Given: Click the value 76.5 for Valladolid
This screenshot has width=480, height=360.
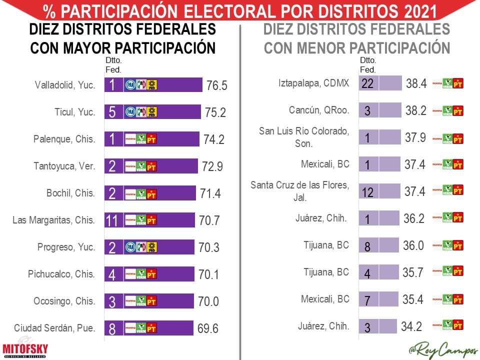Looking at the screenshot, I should (216, 85).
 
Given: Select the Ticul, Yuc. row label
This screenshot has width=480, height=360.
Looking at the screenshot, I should (75, 112).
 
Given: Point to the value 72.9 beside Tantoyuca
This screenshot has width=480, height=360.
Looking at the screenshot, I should (213, 166).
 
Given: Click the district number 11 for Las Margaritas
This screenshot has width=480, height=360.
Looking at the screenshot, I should (112, 220).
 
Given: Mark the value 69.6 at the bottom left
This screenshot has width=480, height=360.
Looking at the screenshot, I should (208, 328).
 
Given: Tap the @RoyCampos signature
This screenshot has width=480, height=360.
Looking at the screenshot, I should (442, 350).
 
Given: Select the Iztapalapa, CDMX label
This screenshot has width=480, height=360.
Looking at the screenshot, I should (313, 83).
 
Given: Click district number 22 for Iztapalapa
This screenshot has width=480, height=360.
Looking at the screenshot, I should (367, 83).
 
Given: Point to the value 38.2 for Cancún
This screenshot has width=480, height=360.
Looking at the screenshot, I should (416, 110).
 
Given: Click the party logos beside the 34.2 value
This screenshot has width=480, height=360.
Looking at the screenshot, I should (447, 326).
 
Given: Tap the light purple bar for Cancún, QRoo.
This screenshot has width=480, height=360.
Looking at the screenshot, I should (390, 110).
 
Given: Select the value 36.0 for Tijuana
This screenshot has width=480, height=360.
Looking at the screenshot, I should (414, 245).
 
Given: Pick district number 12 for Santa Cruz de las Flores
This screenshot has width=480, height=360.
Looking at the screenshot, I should (367, 192).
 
